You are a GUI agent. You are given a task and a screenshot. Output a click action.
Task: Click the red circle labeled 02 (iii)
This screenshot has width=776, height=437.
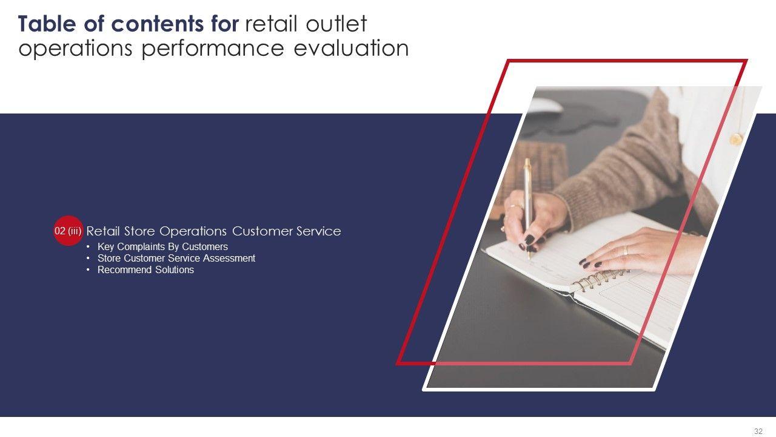click(x=69, y=231)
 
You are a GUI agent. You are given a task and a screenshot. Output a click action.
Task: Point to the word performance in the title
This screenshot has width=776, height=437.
click(x=213, y=49)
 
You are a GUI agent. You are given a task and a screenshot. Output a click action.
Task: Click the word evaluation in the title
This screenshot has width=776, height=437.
click(x=351, y=48)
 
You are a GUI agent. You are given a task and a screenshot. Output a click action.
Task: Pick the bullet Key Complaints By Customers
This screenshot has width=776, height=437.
click(x=162, y=246)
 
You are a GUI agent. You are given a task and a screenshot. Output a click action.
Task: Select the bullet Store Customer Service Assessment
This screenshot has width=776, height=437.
click(x=176, y=258)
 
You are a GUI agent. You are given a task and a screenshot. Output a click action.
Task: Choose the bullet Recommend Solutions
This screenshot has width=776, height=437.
click(x=145, y=269)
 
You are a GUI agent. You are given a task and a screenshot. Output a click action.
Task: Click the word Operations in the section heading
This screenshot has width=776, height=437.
click(x=193, y=231)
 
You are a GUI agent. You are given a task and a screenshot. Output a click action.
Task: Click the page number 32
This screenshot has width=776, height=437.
click(x=758, y=431)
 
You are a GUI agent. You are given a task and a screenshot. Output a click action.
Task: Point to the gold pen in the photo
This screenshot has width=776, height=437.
click(x=527, y=208)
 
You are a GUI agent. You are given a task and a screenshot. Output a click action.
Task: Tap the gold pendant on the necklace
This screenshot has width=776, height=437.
click(x=736, y=139)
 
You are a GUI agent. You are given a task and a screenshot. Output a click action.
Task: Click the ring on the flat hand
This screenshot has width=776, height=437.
click(x=626, y=251)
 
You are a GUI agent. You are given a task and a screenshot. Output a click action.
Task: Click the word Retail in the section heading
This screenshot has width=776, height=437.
click(x=103, y=231)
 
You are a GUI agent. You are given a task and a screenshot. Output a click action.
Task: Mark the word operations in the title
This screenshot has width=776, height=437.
click(x=75, y=49)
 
